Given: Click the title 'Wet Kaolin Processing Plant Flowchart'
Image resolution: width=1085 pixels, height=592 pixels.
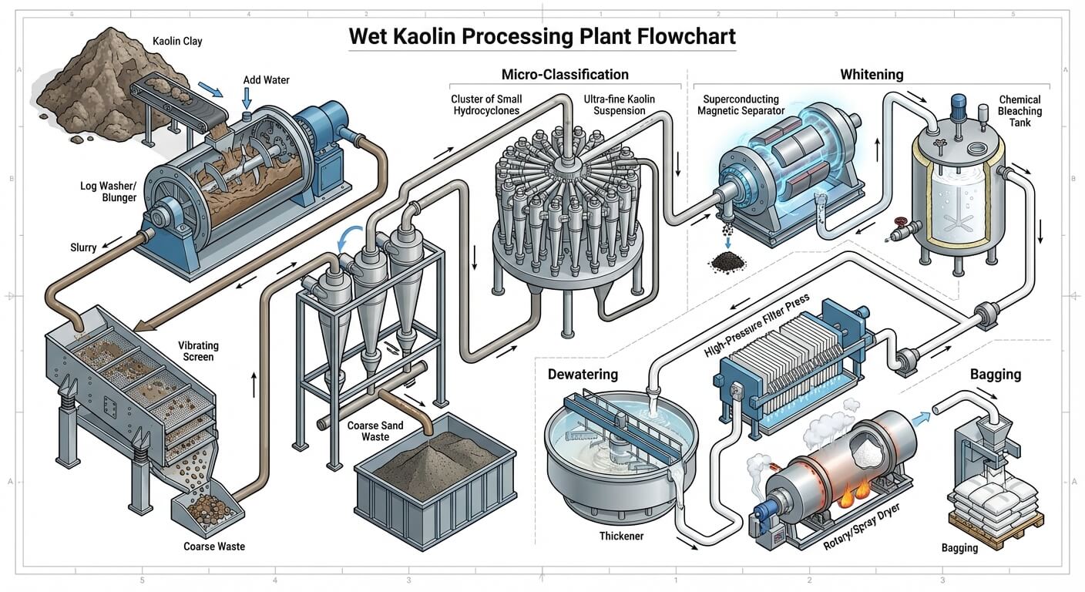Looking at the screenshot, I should [542, 35].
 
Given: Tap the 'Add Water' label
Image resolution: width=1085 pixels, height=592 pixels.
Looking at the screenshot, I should [267, 80].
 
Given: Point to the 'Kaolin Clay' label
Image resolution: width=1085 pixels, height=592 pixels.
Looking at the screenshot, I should [176, 41].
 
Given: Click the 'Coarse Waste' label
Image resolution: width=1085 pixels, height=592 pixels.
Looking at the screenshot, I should [213, 547].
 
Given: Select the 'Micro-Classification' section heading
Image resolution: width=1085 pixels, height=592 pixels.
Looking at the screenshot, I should [565, 75].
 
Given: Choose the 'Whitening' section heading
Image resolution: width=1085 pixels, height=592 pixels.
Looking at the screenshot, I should [871, 75].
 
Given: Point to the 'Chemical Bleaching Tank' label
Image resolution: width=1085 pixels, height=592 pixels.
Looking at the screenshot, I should [1019, 111].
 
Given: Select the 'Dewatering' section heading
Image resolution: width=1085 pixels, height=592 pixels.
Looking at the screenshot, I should [583, 375].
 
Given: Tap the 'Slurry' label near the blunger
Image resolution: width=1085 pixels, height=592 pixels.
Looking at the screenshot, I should [83, 247].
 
